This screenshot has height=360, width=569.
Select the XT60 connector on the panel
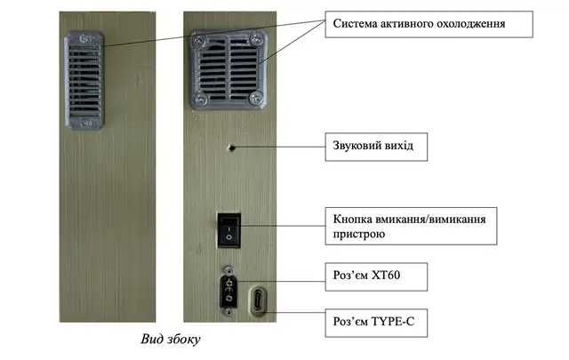point(230,291)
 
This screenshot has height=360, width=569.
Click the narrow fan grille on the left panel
point(85,80)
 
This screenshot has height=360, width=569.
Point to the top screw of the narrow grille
point(85,39)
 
